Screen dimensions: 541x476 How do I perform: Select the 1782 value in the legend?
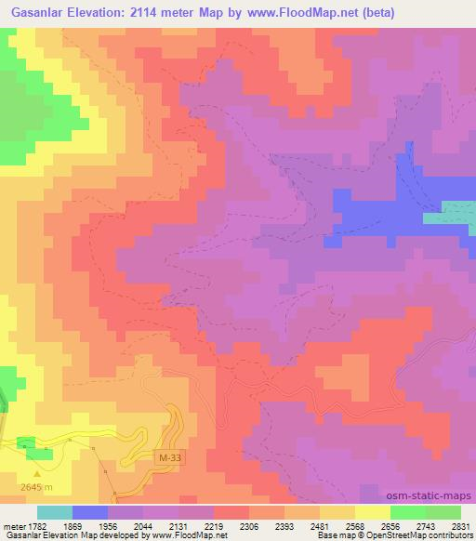[x=27, y=525]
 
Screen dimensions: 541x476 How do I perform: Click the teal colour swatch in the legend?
[x=54, y=512]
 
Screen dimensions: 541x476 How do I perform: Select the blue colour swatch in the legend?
[x=89, y=512]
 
